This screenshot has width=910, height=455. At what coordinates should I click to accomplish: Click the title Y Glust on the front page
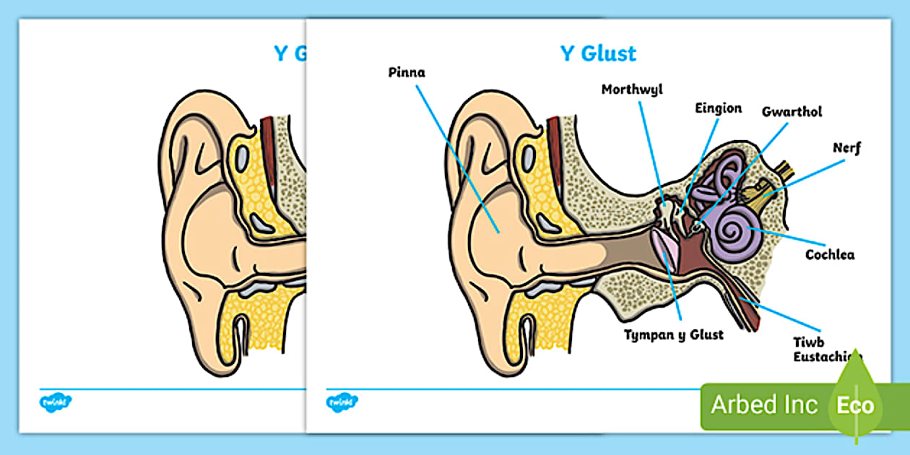click(x=598, y=53)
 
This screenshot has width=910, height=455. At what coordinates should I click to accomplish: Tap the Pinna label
click(x=407, y=72)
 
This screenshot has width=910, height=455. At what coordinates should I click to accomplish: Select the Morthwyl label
click(x=632, y=90)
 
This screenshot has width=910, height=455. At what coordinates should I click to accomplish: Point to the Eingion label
click(x=718, y=108)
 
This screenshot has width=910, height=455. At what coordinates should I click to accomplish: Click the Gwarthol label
click(x=792, y=112)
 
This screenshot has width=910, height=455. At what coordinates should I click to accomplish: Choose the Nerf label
click(x=846, y=148)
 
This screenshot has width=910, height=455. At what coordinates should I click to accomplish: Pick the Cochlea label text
click(x=830, y=254)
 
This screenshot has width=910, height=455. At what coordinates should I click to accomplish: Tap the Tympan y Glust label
click(x=675, y=334)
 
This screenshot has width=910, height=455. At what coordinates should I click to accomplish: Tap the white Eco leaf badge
click(x=856, y=404)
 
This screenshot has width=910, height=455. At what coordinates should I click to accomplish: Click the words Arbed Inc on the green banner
click(x=764, y=404)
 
